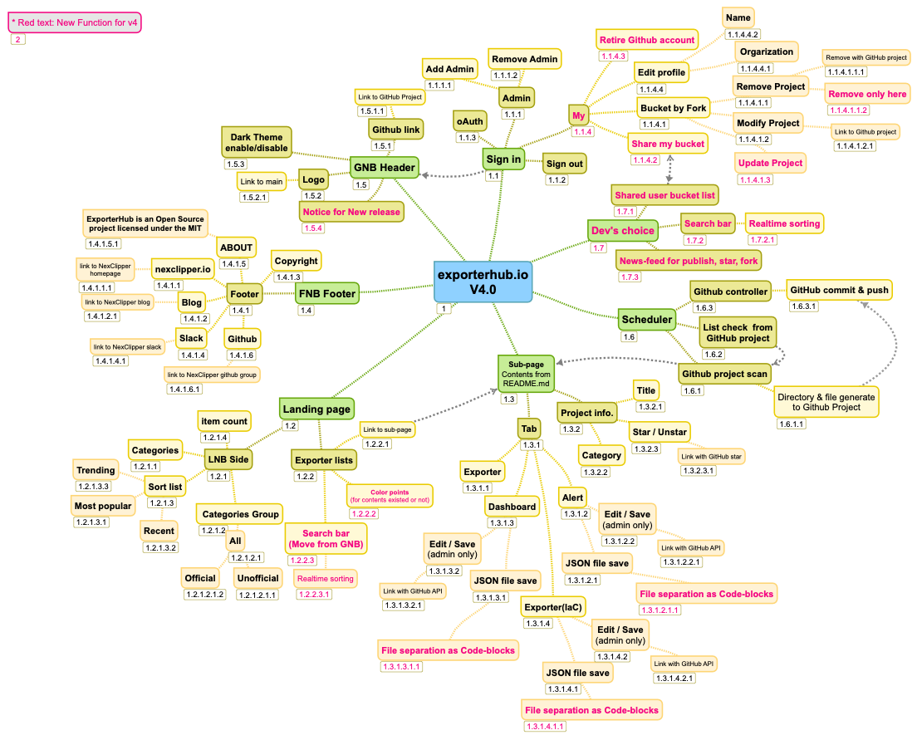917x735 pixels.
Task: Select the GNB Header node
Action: [384, 167]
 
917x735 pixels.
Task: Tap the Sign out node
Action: [565, 164]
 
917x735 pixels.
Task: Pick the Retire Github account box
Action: [647, 39]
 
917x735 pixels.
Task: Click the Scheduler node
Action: [647, 319]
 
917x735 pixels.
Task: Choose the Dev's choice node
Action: [622, 230]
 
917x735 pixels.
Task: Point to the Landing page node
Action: [316, 409]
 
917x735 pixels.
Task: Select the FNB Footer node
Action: [327, 293]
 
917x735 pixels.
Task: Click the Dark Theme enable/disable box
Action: [257, 143]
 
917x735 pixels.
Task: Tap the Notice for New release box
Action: [351, 212]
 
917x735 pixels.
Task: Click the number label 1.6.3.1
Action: [807, 306]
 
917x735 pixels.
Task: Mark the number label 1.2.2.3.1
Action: [315, 594]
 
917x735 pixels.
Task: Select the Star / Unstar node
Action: [660, 432]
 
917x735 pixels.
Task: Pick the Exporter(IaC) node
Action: [554, 607]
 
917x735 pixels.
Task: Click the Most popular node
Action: [103, 505]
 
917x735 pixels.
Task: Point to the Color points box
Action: [390, 496]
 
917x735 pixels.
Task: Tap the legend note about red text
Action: [75, 22]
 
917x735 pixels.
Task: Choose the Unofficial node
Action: [257, 578]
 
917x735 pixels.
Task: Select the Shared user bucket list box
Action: [665, 195]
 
